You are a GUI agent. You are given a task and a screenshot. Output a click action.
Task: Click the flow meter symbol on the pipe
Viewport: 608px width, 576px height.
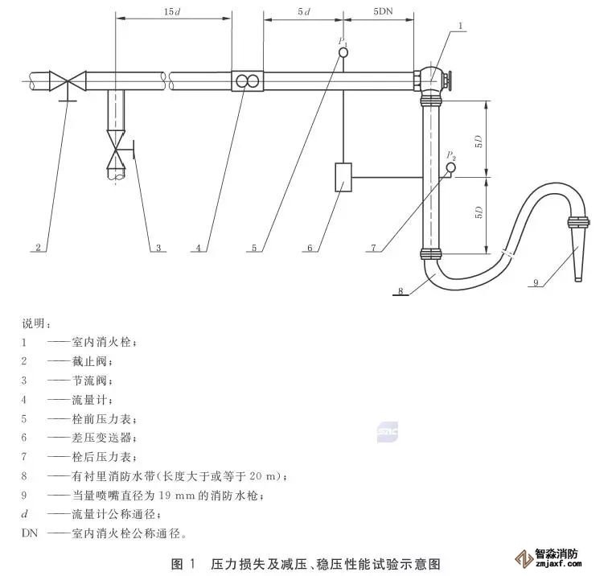coord(247,80)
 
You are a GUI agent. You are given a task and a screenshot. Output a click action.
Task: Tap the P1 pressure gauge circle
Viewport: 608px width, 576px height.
coord(343,54)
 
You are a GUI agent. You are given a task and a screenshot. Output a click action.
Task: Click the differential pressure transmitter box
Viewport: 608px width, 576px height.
coord(343,177)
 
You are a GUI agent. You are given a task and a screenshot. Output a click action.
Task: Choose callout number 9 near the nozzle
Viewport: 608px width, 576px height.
coord(535,282)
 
